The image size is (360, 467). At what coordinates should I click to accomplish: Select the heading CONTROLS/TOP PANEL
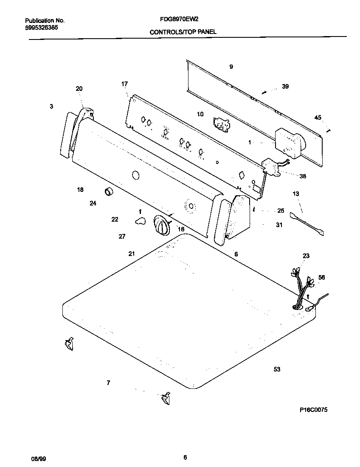click(x=183, y=32)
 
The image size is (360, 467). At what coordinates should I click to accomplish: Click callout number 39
click(x=285, y=87)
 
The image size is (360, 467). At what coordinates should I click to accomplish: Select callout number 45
click(x=318, y=118)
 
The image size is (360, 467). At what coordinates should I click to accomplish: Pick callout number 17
click(x=124, y=84)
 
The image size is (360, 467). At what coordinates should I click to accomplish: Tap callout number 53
click(x=277, y=369)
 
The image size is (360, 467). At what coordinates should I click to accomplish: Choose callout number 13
click(x=296, y=194)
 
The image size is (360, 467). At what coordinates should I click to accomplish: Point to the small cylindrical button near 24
click(x=110, y=192)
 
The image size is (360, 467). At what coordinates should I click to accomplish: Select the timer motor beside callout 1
click(x=288, y=142)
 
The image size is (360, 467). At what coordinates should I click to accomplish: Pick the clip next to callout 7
click(x=165, y=399)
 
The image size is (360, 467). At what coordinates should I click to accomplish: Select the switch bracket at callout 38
click(x=272, y=167)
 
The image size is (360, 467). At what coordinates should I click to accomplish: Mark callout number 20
click(x=79, y=89)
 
